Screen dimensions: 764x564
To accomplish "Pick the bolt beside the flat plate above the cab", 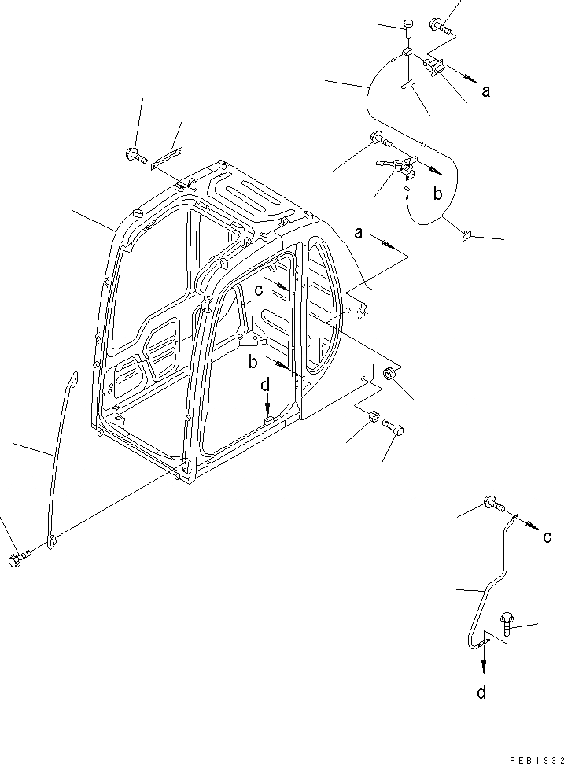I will coord(135,156).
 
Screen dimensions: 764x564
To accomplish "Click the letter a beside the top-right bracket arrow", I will coord(486,90).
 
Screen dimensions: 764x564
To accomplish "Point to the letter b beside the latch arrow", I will coord(439,193).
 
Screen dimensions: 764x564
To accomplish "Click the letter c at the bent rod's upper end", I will coord(546,537).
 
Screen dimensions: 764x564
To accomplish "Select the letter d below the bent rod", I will coord(481,692).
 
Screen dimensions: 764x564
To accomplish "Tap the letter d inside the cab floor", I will coord(266,386).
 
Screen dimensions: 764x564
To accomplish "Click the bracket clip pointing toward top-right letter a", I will coord(435,68).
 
